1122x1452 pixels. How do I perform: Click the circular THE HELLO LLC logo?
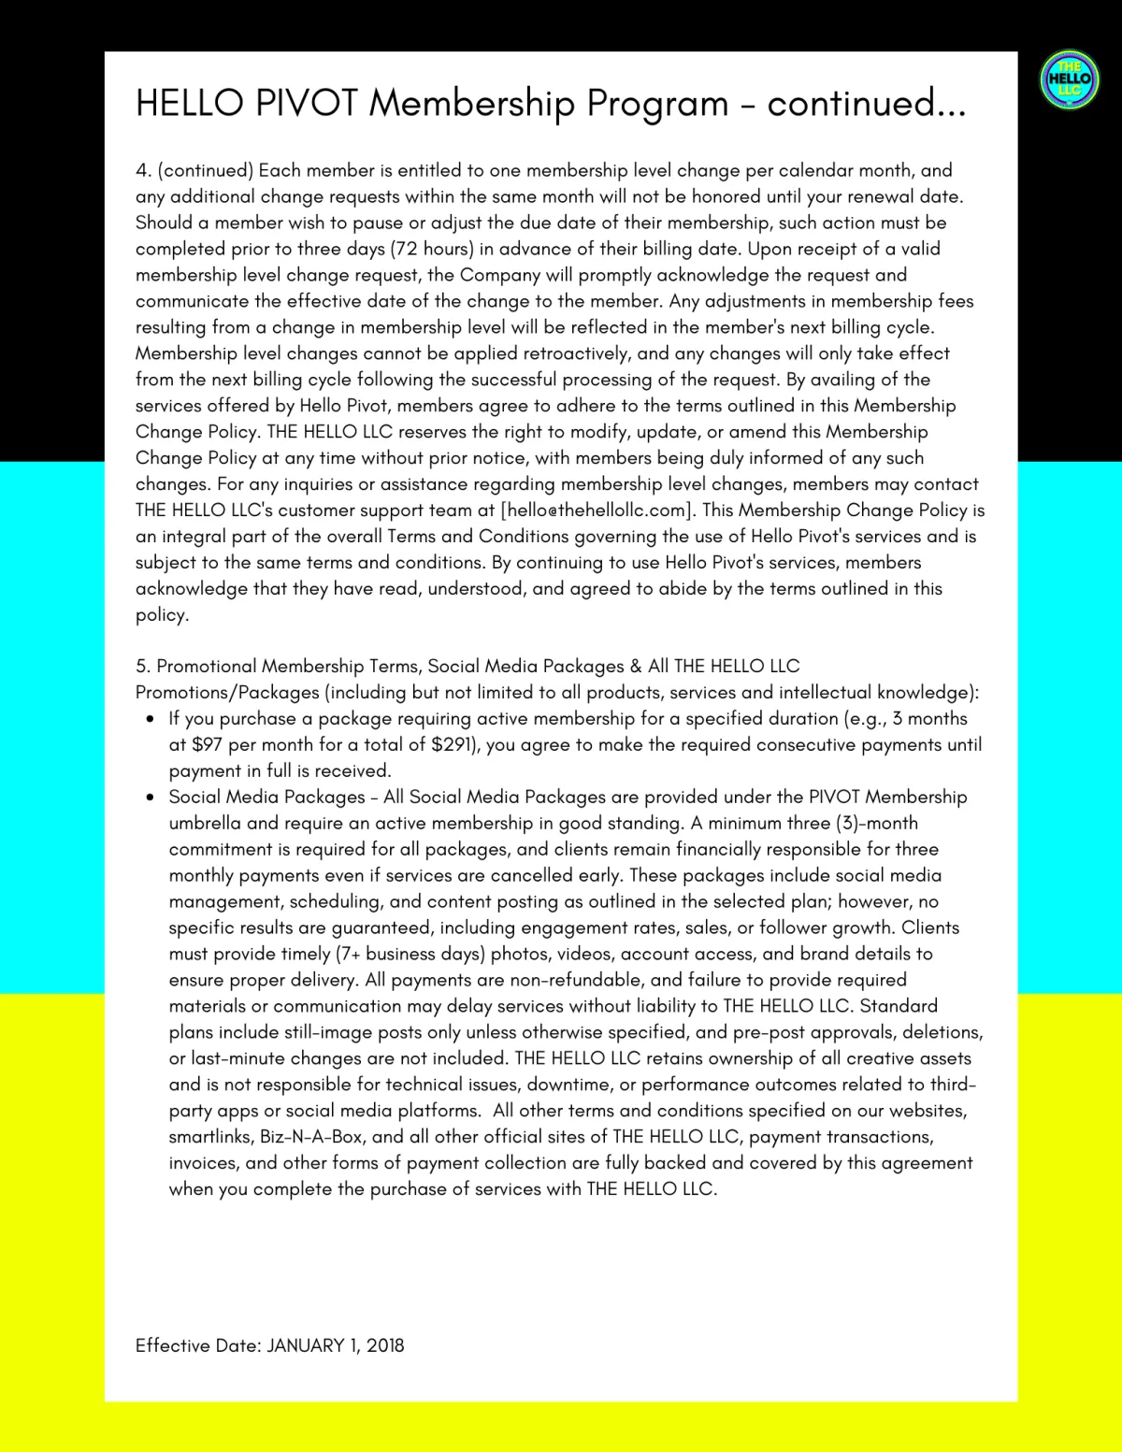tap(1070, 79)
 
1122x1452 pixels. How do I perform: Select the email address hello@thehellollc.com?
tap(598, 510)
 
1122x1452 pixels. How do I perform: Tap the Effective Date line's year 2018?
tap(385, 1345)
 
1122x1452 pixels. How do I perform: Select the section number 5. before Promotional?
tap(143, 667)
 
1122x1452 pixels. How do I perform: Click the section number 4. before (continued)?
tap(143, 170)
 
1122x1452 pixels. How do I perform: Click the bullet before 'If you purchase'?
tap(150, 720)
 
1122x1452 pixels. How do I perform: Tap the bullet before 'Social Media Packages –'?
tap(150, 798)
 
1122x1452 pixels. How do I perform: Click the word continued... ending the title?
tap(867, 103)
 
